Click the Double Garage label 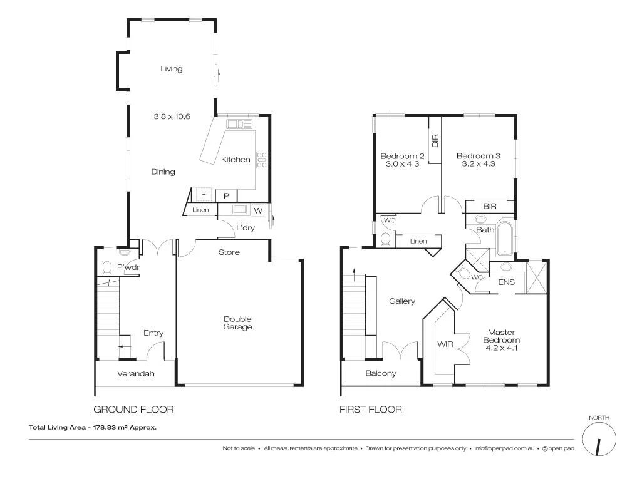(238, 323)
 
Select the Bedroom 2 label (403, 160)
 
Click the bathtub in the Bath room (504, 238)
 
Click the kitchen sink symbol (239, 123)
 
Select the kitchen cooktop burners (262, 160)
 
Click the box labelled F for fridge (203, 194)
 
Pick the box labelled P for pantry (226, 195)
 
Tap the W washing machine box (258, 210)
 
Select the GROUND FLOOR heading (133, 410)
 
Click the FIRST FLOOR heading (371, 410)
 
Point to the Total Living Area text (93, 428)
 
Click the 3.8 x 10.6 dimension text (172, 116)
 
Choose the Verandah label (136, 374)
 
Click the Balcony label (381, 374)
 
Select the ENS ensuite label (506, 282)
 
